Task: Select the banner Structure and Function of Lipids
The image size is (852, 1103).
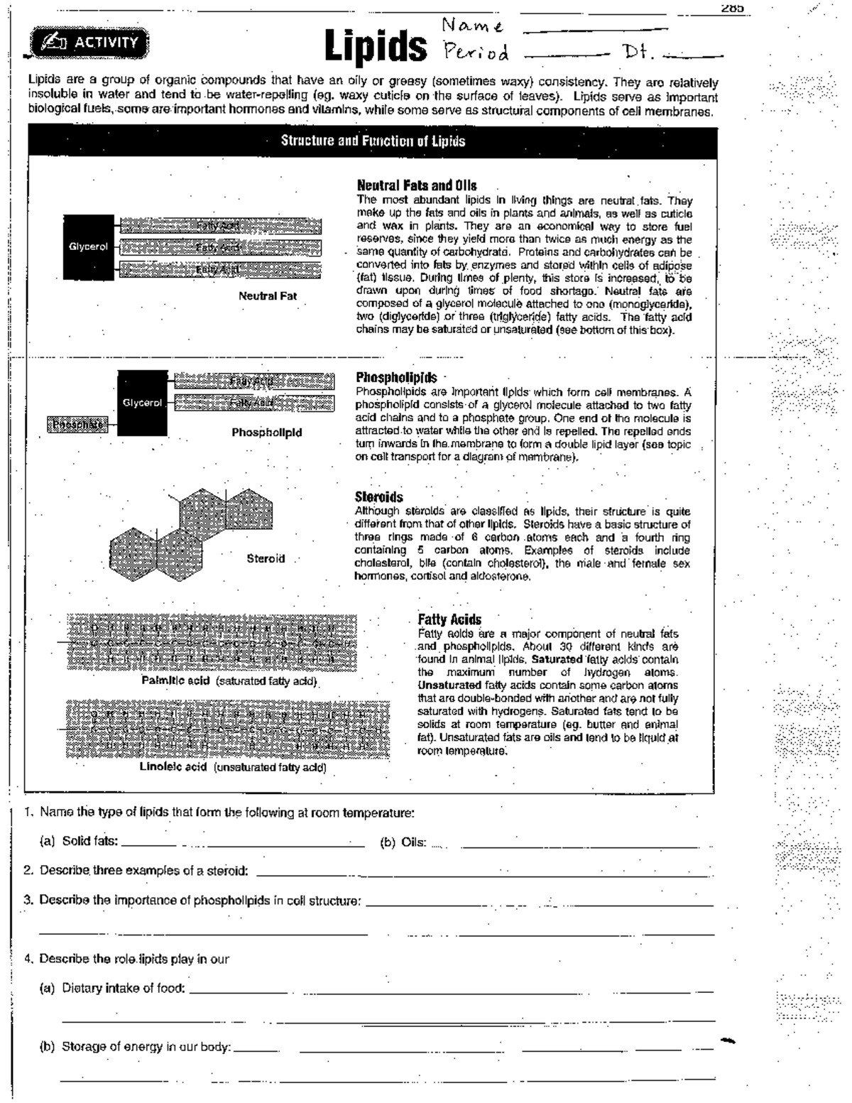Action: click(373, 141)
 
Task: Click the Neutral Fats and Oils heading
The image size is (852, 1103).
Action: click(416, 185)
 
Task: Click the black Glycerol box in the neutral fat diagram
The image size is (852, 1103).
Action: click(88, 247)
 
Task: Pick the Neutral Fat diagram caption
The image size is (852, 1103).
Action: click(268, 296)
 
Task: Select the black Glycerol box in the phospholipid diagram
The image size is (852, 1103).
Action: click(142, 403)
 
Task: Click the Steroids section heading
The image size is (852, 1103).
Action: click(378, 497)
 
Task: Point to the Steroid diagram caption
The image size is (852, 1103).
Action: click(266, 559)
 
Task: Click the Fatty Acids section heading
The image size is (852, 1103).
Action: click(449, 619)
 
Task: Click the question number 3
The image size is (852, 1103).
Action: click(29, 900)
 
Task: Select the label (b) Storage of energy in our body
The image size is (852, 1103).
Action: click(146, 1046)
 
